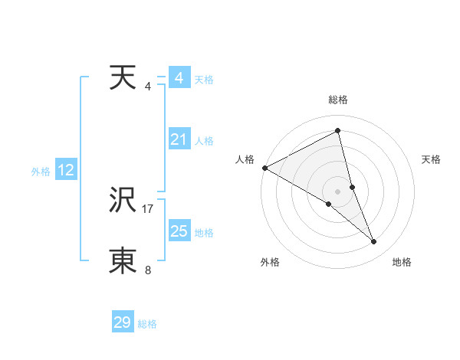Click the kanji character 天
(x=123, y=78)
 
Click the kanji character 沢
(x=123, y=201)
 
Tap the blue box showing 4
(x=179, y=78)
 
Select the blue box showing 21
(x=179, y=139)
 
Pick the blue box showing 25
(x=179, y=231)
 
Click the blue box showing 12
(x=66, y=171)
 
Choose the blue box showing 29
(x=123, y=322)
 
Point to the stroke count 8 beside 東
(x=148, y=270)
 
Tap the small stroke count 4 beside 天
(x=148, y=86)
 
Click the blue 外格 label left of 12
(x=41, y=172)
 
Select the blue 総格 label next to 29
(x=147, y=324)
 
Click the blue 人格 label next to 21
(x=204, y=141)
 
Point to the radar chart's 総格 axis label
(x=338, y=100)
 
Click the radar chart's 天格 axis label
(x=431, y=159)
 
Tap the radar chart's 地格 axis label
(x=402, y=262)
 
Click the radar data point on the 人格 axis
(x=264, y=167)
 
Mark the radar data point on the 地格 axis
(x=374, y=242)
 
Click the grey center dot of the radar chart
(x=337, y=191)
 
